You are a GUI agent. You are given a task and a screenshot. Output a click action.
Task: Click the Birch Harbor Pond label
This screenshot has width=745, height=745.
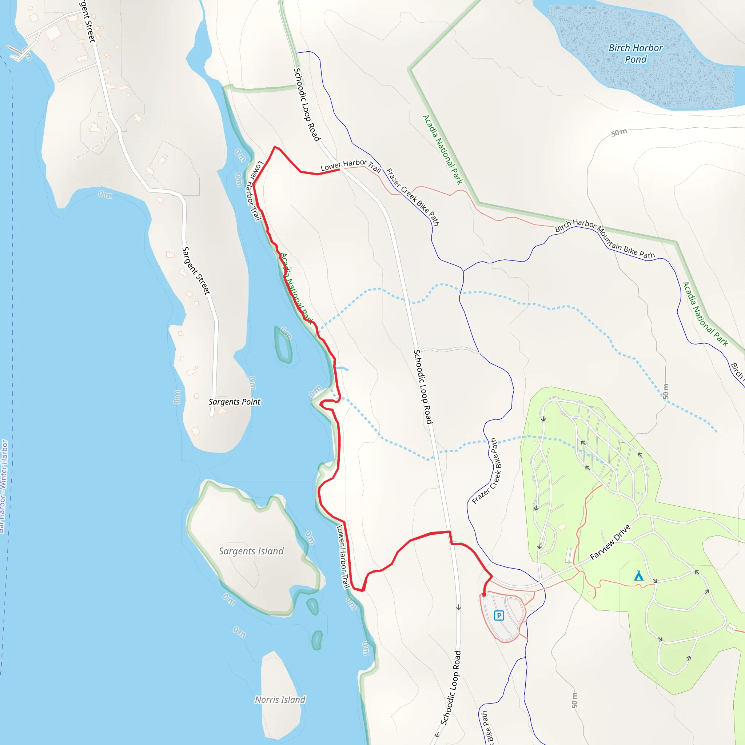pos(636,53)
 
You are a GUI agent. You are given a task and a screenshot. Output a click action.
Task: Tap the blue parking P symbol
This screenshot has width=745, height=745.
pos(499,615)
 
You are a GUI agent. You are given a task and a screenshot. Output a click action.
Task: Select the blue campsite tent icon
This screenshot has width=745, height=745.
pos(638,576)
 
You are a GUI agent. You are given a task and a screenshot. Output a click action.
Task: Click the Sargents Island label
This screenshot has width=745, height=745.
pos(251,551)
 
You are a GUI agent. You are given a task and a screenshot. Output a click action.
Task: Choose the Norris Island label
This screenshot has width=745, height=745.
pos(280,700)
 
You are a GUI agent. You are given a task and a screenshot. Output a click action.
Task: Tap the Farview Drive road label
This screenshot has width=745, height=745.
pos(610,542)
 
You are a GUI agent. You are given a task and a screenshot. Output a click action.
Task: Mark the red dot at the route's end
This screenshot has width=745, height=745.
pos(484,595)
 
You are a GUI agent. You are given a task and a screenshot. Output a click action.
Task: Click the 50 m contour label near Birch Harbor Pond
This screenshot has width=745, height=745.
pos(619,133)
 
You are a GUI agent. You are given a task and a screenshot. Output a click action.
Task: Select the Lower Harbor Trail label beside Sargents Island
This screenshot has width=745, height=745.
pos(343,557)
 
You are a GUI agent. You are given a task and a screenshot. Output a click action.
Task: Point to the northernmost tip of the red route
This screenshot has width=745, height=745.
pos(275,147)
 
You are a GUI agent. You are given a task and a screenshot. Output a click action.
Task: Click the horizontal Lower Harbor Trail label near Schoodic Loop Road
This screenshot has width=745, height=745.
pos(351,165)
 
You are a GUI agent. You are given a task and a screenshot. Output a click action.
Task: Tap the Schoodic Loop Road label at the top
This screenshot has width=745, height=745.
pos(307,105)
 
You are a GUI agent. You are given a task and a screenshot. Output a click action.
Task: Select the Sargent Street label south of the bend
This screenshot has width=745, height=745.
pos(196,271)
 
